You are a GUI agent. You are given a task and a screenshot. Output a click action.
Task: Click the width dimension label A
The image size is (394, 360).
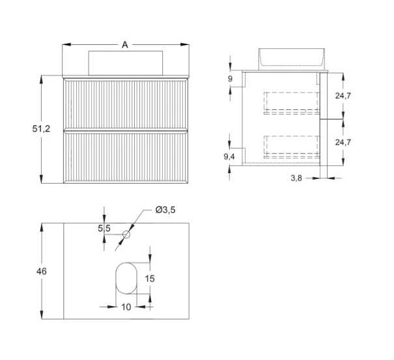[124, 44]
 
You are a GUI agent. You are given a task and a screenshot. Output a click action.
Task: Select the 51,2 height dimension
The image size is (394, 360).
[41, 129]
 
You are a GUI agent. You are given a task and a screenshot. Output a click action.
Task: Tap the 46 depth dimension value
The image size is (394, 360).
[41, 270]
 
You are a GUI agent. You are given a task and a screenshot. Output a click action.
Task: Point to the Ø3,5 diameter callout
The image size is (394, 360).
[165, 210]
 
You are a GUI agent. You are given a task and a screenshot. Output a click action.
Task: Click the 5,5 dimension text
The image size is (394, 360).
[104, 228]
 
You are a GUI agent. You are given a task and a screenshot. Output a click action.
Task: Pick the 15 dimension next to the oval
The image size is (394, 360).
[150, 279]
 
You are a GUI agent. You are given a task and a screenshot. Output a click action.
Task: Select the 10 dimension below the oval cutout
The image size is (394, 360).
[126, 307]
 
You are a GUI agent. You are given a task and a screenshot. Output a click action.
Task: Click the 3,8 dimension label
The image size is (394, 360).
[295, 179]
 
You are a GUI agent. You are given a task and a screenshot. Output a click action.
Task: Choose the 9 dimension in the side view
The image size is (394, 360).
[231, 78]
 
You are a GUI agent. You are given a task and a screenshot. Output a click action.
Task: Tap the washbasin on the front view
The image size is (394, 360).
[124, 61]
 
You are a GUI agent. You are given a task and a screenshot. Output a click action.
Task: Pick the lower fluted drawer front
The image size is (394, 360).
[124, 156]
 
